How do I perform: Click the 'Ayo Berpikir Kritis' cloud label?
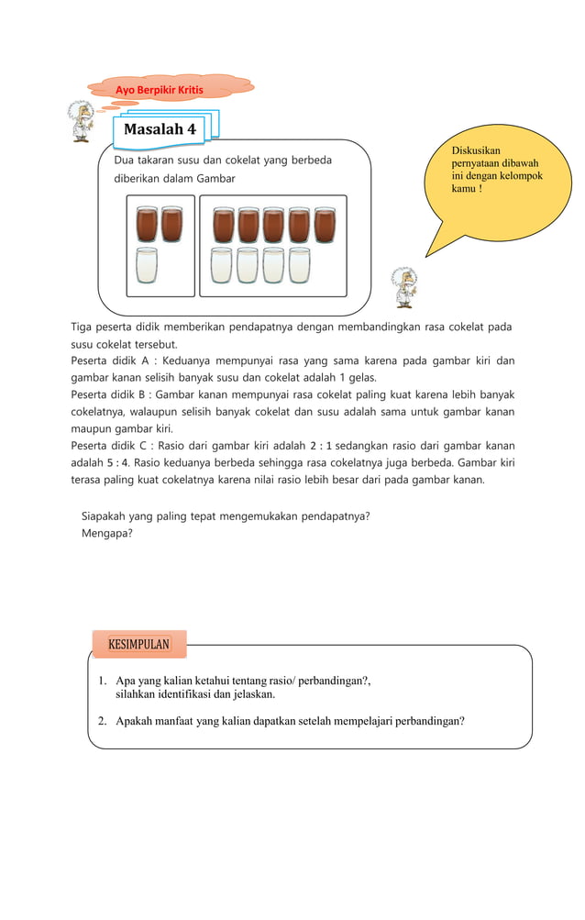(x=159, y=89)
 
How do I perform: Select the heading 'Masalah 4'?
(x=160, y=129)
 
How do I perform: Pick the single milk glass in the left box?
(x=147, y=265)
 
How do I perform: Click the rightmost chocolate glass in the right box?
(x=325, y=226)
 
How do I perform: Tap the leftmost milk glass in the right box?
(x=221, y=265)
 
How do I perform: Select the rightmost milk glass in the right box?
(x=300, y=265)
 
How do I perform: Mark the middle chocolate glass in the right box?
(x=273, y=226)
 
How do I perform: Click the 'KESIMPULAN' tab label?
(x=139, y=644)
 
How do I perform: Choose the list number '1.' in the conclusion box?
(x=104, y=682)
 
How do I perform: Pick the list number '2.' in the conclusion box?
(x=104, y=720)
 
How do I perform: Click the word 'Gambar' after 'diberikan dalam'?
(x=216, y=178)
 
